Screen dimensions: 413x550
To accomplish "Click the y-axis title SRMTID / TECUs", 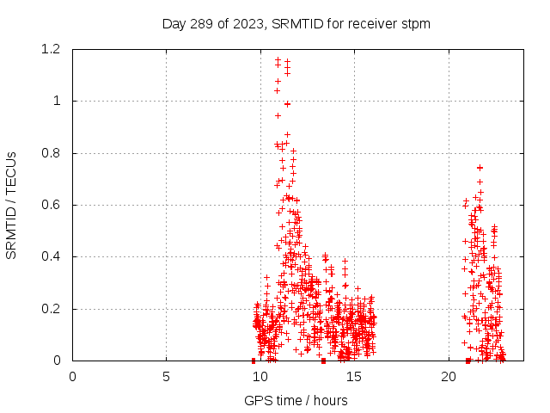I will [x=12, y=205].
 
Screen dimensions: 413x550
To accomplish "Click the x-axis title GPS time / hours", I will [x=296, y=400].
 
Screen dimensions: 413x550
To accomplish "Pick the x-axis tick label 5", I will [x=166, y=375].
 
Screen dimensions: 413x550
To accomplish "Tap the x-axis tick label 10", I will [x=260, y=375].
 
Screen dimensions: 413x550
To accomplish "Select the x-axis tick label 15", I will [x=354, y=375].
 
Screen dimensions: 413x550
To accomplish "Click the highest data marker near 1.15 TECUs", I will [x=278, y=59].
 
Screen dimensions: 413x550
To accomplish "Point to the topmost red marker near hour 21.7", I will [x=480, y=168].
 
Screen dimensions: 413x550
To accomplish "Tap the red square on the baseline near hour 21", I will [x=467, y=361].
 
